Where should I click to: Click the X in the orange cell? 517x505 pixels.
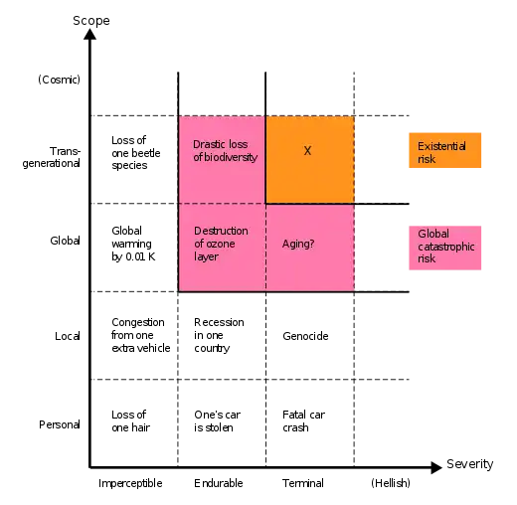(307, 151)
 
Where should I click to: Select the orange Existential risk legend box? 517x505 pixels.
(444, 150)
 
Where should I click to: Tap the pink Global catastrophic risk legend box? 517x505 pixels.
(444, 248)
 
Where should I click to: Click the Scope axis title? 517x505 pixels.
(91, 21)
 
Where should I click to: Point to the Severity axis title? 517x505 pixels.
(470, 464)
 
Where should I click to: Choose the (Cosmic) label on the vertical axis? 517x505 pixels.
(59, 80)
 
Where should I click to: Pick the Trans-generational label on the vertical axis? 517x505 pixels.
(52, 157)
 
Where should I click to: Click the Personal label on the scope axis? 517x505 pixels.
(60, 424)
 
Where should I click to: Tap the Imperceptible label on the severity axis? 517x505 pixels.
(130, 483)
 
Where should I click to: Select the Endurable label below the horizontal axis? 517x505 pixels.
(219, 483)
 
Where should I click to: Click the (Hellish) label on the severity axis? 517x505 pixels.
(391, 483)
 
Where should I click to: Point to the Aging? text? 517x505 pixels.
(298, 245)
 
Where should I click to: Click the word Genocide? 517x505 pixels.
(305, 336)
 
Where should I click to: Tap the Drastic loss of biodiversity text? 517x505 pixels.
(226, 151)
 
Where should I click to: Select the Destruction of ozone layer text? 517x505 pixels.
(221, 244)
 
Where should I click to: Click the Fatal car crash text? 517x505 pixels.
(303, 421)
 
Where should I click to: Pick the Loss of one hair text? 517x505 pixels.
(130, 421)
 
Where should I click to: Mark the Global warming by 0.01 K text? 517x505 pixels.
(133, 244)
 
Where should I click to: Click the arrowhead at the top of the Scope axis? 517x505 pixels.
(89, 34)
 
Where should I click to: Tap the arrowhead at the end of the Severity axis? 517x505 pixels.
(436, 467)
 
